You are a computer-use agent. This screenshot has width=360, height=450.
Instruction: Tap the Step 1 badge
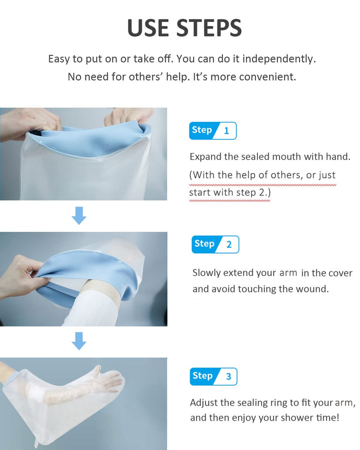212,130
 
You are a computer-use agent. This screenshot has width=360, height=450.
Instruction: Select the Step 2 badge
215,244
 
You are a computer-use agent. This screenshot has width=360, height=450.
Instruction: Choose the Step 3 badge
213,376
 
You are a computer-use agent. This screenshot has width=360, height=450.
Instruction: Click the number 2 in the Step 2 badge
229,244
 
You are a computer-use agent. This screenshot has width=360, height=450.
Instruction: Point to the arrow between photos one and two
79,215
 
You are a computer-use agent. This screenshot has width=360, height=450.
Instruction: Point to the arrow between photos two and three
79,341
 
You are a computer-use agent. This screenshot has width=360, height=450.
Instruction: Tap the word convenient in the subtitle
266,77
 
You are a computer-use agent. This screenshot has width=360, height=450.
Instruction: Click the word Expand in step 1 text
206,157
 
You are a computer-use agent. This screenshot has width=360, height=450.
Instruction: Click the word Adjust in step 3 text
204,402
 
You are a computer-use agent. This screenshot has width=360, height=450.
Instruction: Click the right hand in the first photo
127,116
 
